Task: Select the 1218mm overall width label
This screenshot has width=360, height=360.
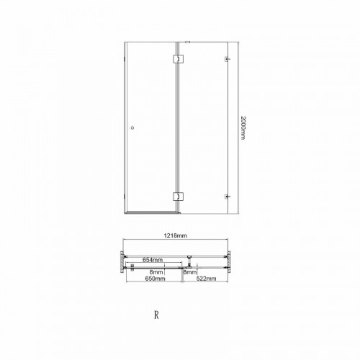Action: (176, 235)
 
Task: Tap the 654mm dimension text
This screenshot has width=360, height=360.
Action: (153, 260)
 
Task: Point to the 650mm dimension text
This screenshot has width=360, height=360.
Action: (155, 279)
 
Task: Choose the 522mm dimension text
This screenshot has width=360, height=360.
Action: (207, 279)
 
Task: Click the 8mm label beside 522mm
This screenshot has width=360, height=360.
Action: (190, 272)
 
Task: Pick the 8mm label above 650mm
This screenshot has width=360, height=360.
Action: (156, 272)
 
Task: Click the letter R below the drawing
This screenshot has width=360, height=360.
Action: (156, 315)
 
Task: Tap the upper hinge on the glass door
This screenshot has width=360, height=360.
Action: (178, 59)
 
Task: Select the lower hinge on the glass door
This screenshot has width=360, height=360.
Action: (178, 197)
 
